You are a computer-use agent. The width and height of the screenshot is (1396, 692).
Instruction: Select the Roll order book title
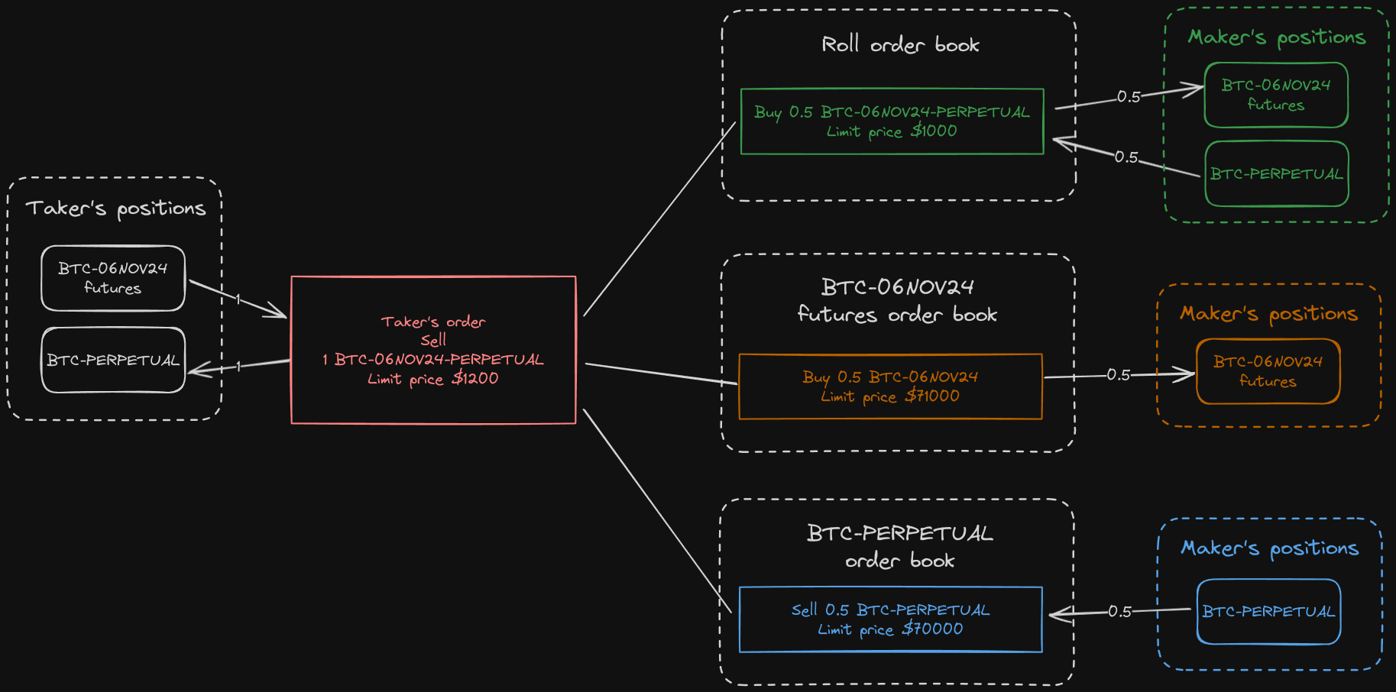pyautogui.click(x=900, y=45)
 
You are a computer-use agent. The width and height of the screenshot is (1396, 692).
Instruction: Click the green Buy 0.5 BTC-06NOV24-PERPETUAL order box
pyautogui.click(x=892, y=122)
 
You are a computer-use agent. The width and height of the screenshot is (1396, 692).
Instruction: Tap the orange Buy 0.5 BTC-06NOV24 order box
pyautogui.click(x=890, y=386)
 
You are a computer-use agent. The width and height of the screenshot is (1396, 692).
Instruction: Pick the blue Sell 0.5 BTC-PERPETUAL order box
pyautogui.click(x=890, y=619)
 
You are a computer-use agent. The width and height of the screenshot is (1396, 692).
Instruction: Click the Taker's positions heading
pyautogui.click(x=116, y=209)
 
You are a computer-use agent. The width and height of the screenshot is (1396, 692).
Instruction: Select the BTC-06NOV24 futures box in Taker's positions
pyautogui.click(x=113, y=278)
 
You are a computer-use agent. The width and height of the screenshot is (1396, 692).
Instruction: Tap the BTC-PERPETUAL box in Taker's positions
pyautogui.click(x=113, y=360)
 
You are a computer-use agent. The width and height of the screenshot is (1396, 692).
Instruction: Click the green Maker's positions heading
pyautogui.click(x=1276, y=37)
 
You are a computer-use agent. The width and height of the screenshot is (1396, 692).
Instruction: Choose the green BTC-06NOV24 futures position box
pyautogui.click(x=1276, y=95)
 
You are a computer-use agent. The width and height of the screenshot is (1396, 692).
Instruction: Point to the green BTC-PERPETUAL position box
pyautogui.click(x=1276, y=174)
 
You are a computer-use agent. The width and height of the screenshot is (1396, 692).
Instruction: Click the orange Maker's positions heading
pyautogui.click(x=1268, y=314)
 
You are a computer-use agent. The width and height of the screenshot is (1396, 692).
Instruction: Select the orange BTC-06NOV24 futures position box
pyautogui.click(x=1268, y=371)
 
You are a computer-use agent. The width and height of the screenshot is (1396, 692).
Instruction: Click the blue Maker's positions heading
pyautogui.click(x=1269, y=548)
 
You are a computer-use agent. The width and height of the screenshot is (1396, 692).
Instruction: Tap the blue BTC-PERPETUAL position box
pyautogui.click(x=1268, y=612)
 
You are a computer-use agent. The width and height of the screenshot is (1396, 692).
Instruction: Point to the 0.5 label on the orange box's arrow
pyautogui.click(x=1118, y=375)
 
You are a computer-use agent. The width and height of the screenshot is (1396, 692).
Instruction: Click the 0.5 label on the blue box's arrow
pyautogui.click(x=1119, y=612)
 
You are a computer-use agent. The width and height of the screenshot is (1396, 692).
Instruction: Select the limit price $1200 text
pyautogui.click(x=432, y=379)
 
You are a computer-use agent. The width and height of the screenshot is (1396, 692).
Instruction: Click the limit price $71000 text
pyautogui.click(x=890, y=396)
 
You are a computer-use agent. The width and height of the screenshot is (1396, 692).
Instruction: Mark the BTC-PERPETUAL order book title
pyautogui.click(x=899, y=547)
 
